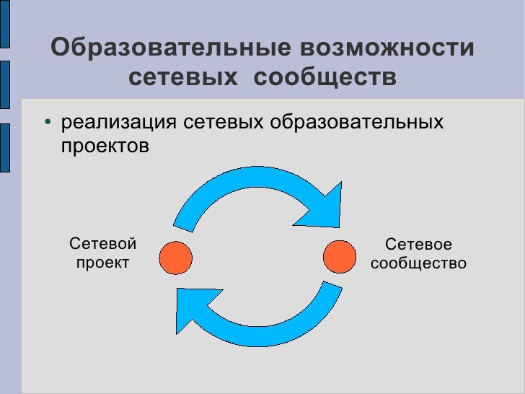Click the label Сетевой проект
point(102,253)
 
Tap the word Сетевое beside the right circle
point(419,245)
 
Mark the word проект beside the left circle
point(102,262)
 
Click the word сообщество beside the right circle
point(419,264)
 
